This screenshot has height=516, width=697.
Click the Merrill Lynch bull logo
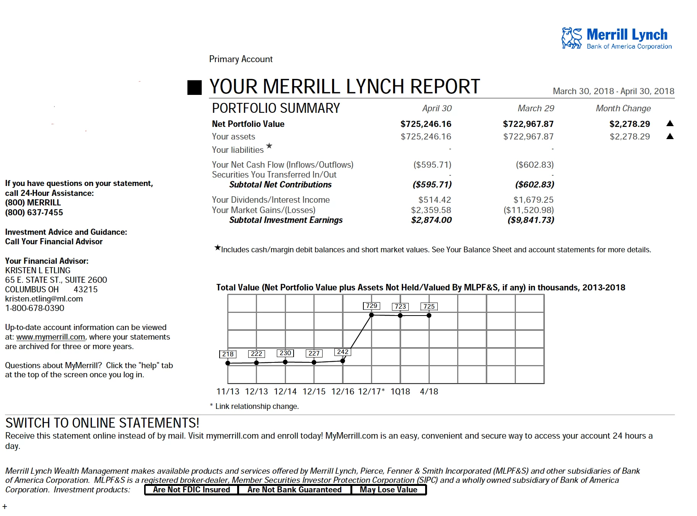(572, 38)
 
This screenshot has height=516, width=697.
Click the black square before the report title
(194, 87)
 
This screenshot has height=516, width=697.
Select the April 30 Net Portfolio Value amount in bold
(426, 124)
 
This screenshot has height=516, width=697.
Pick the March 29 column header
(535, 108)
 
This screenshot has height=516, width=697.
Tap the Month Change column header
(623, 108)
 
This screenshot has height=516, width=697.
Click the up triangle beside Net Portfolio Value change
(670, 123)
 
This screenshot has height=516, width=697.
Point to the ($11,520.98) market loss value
(528, 210)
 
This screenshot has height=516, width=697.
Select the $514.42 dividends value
(434, 200)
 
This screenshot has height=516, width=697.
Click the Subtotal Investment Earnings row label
(286, 220)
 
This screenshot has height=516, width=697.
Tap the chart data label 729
(371, 306)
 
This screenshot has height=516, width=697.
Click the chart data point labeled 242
(343, 361)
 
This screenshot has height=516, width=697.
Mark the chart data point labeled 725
(429, 315)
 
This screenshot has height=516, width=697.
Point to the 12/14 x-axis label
(285, 391)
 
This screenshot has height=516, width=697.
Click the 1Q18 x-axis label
(400, 391)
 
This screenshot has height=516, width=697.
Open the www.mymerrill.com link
(51, 337)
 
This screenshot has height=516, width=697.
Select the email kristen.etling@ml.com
(44, 299)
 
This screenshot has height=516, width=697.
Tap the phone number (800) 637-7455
(34, 212)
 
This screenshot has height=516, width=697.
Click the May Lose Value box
(388, 490)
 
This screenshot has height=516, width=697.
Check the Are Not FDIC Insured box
(191, 490)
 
